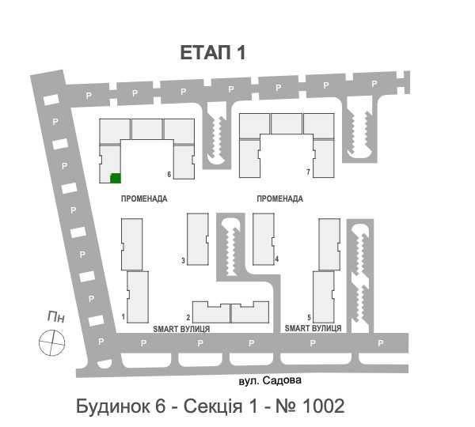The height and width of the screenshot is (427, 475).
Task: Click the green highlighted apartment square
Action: click(x=115, y=178)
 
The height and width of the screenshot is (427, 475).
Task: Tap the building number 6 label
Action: click(x=169, y=174)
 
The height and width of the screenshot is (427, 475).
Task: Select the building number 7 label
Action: click(x=306, y=172)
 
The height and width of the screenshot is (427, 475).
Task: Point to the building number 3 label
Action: click(x=183, y=260)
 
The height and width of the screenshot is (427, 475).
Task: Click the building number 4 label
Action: click(x=277, y=259)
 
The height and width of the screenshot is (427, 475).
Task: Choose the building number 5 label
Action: click(x=309, y=317)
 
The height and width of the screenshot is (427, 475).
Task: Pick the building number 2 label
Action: click(x=188, y=316)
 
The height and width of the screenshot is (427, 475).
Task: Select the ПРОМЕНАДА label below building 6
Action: click(x=144, y=199)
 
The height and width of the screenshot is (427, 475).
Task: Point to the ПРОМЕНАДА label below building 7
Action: click(x=280, y=199)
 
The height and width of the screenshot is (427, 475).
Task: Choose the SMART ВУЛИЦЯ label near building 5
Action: click(x=313, y=327)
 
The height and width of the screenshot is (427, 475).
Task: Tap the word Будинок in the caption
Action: click(x=112, y=406)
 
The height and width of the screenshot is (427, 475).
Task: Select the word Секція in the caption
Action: click(x=214, y=406)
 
